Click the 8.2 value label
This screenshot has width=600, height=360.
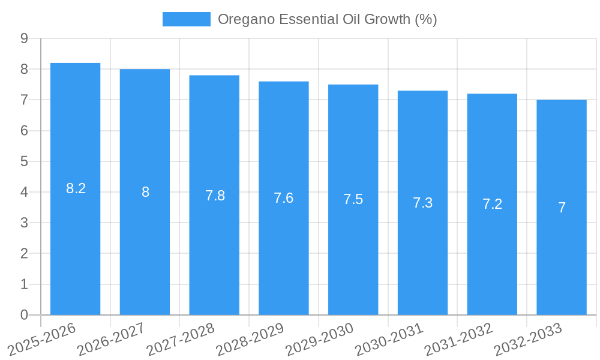[x=76, y=188]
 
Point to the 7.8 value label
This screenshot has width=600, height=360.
[x=215, y=196]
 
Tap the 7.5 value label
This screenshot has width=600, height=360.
[x=353, y=199]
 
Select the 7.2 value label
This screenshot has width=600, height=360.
[x=492, y=204]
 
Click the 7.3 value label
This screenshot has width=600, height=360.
[x=422, y=203]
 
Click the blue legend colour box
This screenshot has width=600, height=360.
[x=187, y=19]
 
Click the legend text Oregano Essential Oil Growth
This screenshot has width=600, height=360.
[x=327, y=19]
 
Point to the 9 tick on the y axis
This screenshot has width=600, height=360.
[x=24, y=38]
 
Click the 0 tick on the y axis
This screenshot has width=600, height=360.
[x=24, y=315]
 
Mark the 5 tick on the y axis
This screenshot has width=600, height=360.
[x=24, y=161]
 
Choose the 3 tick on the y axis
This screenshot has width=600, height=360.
[x=24, y=223]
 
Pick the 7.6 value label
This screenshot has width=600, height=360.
[x=284, y=198]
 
